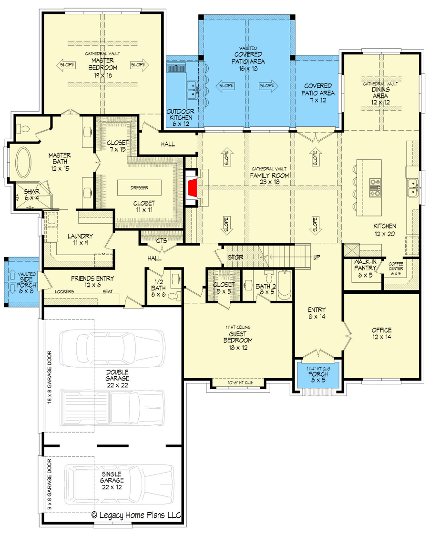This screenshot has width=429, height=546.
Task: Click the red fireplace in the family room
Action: click(192, 188)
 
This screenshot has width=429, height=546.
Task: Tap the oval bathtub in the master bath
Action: click(23, 163)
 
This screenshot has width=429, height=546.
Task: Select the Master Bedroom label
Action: click(103, 64)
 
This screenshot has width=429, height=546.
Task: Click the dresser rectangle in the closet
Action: click(139, 188)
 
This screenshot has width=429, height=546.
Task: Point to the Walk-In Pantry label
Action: click(365, 268)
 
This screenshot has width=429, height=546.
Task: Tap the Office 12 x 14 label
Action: click(382, 333)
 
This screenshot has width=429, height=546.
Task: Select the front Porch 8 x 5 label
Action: click(318, 374)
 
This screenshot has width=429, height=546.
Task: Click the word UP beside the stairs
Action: click(317, 258)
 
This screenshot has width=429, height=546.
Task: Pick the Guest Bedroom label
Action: click(238, 338)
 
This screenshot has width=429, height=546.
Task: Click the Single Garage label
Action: click(112, 481)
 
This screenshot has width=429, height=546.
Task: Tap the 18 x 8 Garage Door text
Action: click(50, 377)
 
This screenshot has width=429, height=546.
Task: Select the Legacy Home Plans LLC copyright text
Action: click(136, 515)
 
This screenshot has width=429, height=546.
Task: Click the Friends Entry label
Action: click(92, 281)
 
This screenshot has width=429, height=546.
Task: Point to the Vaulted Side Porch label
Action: click(27, 282)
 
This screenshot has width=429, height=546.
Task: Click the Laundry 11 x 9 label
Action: click(81, 239)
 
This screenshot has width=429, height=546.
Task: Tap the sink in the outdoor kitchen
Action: click(192, 90)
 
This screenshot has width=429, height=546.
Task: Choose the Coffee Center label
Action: click(396, 268)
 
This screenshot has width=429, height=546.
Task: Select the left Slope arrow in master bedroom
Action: click(66, 65)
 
